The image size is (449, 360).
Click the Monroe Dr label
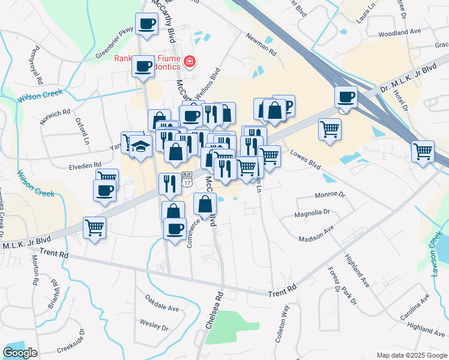point(330,195)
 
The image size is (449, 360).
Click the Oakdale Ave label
point(162,308)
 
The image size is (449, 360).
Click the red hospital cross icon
point(190,61)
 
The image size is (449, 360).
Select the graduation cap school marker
point(140,146)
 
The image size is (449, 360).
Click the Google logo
point(20,353)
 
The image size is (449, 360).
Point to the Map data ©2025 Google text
point(411,355)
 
